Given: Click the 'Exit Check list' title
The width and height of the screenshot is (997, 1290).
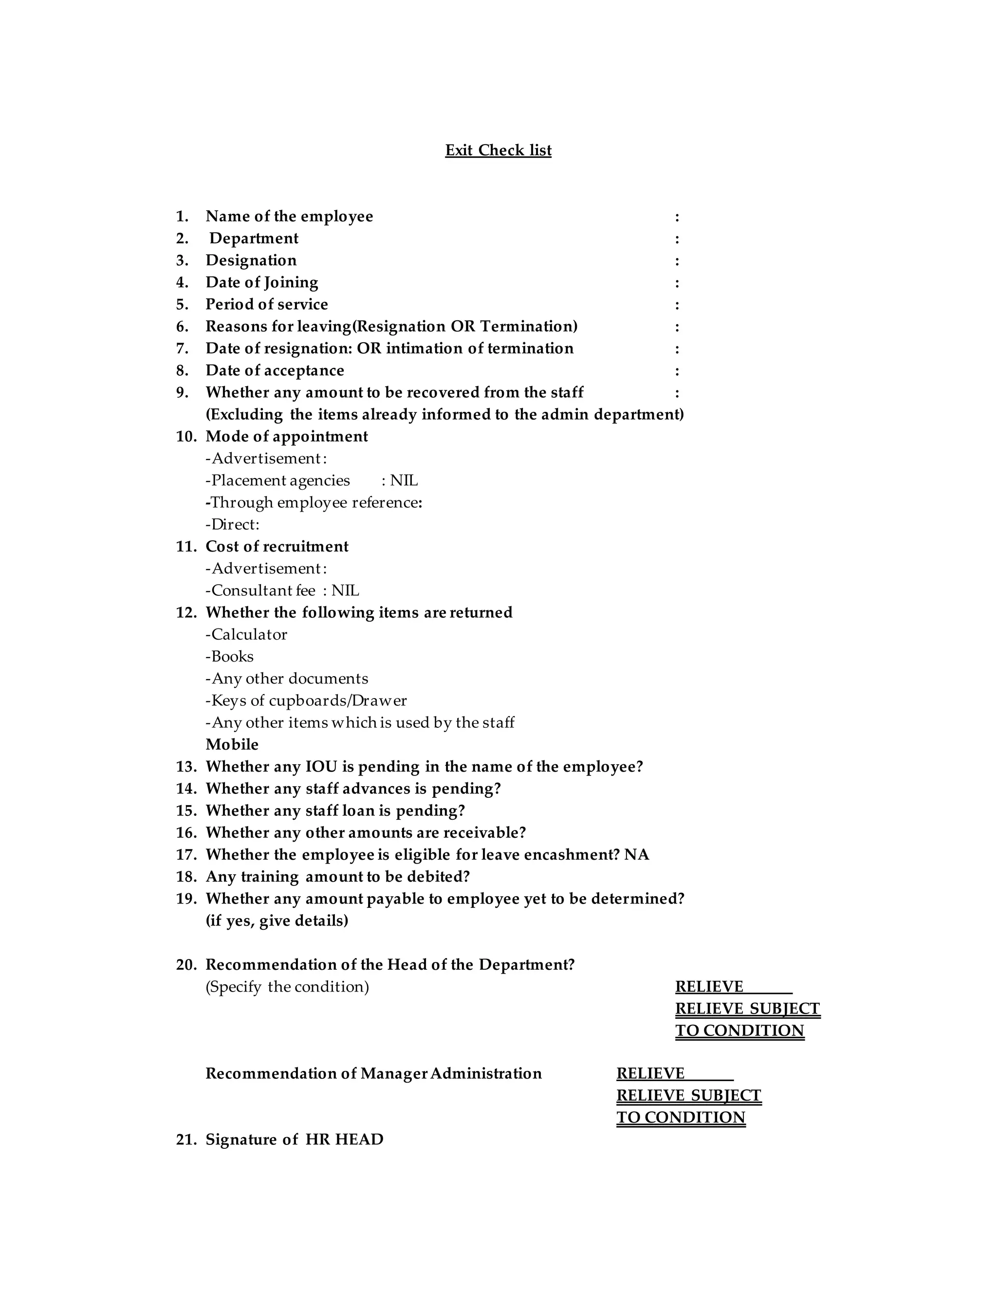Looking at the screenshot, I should [x=498, y=150].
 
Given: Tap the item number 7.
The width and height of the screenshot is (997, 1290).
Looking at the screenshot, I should [x=182, y=349].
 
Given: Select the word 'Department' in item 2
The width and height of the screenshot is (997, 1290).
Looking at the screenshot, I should [x=254, y=239].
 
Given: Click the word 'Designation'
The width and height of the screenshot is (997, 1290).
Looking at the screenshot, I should [x=251, y=260].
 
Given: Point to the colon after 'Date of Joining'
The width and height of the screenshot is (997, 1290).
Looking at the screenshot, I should [x=677, y=283].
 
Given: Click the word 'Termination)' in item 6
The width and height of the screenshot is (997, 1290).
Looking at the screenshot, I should [x=529, y=327].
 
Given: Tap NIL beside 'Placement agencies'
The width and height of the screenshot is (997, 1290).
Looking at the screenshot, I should [x=404, y=481].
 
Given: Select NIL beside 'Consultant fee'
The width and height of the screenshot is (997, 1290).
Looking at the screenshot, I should [x=346, y=590].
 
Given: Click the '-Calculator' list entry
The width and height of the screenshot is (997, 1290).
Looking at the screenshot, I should [x=246, y=634].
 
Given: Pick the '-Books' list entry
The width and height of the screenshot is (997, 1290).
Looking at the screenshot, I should [x=230, y=657].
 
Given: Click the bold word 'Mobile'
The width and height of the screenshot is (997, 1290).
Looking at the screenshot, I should [x=232, y=745].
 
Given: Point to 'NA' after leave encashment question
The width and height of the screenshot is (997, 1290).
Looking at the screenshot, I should [x=637, y=855].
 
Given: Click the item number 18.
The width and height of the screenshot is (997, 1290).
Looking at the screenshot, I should [x=185, y=877].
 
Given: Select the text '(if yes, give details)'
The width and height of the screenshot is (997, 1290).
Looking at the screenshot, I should [x=277, y=921].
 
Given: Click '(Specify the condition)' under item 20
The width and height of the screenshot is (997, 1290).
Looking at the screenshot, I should [x=287, y=987].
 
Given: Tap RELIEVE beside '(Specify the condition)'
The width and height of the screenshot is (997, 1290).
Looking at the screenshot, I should [x=709, y=987].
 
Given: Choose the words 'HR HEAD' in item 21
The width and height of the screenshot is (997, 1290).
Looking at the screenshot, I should [x=344, y=1140].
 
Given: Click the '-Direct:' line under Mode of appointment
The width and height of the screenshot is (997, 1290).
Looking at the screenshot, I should [x=233, y=524].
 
